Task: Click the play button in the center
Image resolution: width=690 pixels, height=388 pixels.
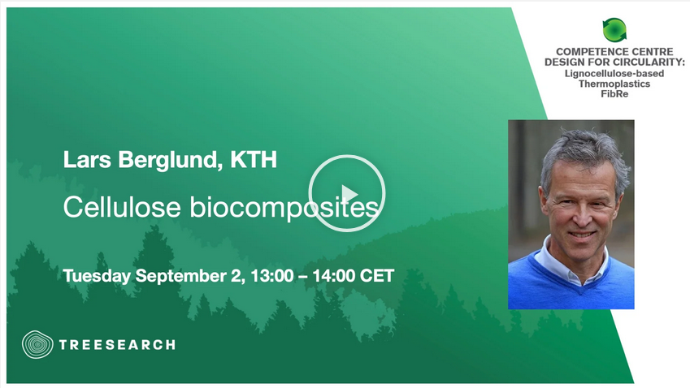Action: pos(347,193)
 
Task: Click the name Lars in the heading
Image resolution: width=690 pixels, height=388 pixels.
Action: pos(87,160)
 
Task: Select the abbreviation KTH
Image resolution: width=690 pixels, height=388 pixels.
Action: pos(254,160)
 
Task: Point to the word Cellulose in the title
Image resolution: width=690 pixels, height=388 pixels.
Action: pos(122,206)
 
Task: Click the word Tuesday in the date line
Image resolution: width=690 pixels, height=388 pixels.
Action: pos(97,277)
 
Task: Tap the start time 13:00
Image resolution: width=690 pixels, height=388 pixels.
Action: pos(272,276)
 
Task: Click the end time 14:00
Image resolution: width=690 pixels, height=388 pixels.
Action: pos(334,276)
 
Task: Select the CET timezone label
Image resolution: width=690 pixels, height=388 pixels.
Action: pos(377,276)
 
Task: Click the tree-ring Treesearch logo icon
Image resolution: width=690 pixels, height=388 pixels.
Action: pos(37,344)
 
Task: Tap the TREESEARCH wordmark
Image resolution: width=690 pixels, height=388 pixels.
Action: pos(117,345)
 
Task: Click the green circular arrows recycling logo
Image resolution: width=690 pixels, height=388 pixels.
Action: pos(614,30)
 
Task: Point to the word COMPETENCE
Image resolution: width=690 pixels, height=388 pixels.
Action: pos(586,52)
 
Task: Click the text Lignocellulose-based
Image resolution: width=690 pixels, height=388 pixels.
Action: pos(614,73)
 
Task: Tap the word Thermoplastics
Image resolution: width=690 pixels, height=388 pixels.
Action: pos(614,84)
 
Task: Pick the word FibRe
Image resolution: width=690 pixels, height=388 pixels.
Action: pos(614,93)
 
